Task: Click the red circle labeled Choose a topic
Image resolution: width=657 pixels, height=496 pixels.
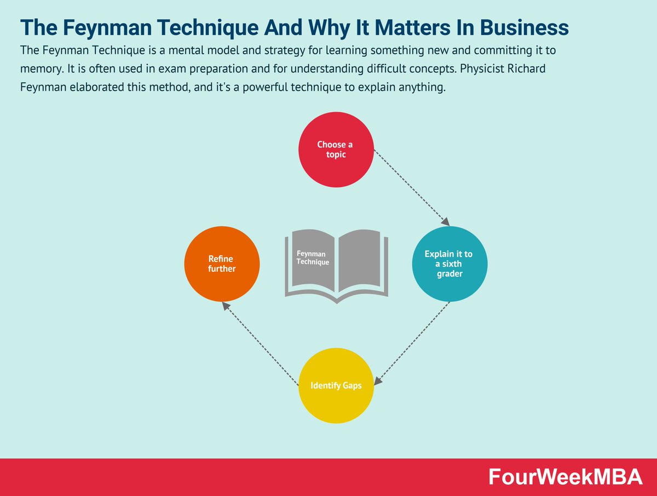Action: pyautogui.click(x=336, y=149)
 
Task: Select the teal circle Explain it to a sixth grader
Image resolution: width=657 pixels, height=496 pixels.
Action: pyautogui.click(x=449, y=264)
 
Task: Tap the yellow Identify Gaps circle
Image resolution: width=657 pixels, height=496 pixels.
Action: pyautogui.click(x=336, y=385)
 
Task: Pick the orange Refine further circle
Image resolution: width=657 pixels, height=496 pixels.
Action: pyautogui.click(x=222, y=264)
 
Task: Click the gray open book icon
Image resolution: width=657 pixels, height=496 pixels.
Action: pyautogui.click(x=336, y=266)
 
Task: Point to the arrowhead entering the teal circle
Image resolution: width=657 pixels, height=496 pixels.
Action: pyautogui.click(x=446, y=222)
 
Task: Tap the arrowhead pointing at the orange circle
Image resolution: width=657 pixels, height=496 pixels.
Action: pyautogui.click(x=225, y=305)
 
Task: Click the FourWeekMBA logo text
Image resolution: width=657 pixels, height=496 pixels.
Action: pyautogui.click(x=566, y=477)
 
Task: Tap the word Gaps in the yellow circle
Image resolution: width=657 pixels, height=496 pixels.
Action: pyautogui.click(x=349, y=385)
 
